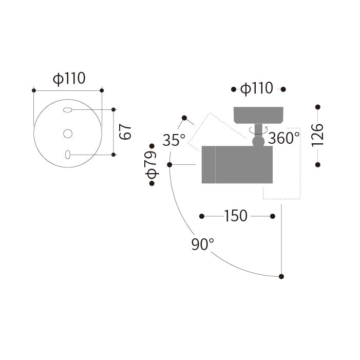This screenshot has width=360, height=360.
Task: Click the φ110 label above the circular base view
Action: pyautogui.click(x=69, y=79)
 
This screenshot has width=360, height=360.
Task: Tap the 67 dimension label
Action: pyautogui.click(x=125, y=132)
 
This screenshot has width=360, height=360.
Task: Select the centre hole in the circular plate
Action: pyautogui.click(x=68, y=134)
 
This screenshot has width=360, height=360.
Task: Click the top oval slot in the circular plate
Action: pyautogui.click(x=67, y=110)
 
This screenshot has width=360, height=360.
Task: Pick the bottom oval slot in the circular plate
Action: pyautogui.click(x=68, y=155)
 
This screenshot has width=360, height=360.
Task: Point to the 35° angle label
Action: pyautogui.click(x=174, y=140)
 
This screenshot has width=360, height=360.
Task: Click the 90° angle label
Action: pyautogui.click(x=203, y=244)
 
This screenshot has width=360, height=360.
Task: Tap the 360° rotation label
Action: pyautogui.click(x=284, y=138)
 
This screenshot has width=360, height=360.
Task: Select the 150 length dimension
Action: pyautogui.click(x=236, y=216)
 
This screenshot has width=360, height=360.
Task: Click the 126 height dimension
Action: pyautogui.click(x=317, y=135)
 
